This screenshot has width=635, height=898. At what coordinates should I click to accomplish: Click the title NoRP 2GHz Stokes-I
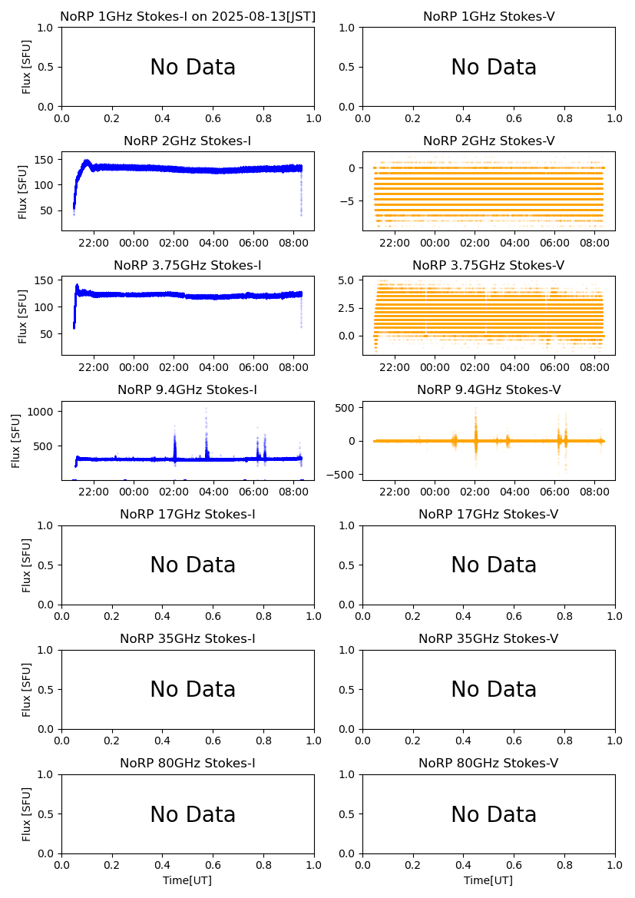tap(187, 141)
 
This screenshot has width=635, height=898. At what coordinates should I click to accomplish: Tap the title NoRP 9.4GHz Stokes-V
tap(488, 390)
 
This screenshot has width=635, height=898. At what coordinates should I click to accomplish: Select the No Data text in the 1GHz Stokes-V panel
tap(494, 68)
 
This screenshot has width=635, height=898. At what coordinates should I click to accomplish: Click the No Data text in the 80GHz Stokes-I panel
tap(193, 815)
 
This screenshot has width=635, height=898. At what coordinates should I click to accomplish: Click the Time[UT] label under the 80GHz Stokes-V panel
tap(488, 880)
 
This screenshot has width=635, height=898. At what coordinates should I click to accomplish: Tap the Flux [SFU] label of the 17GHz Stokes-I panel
tap(27, 565)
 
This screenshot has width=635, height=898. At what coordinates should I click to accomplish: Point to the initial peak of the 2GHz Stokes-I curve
tap(87, 161)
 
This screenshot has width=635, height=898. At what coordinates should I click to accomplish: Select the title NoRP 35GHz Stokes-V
tap(488, 639)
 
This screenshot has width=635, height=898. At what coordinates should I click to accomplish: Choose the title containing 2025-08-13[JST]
tap(187, 17)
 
